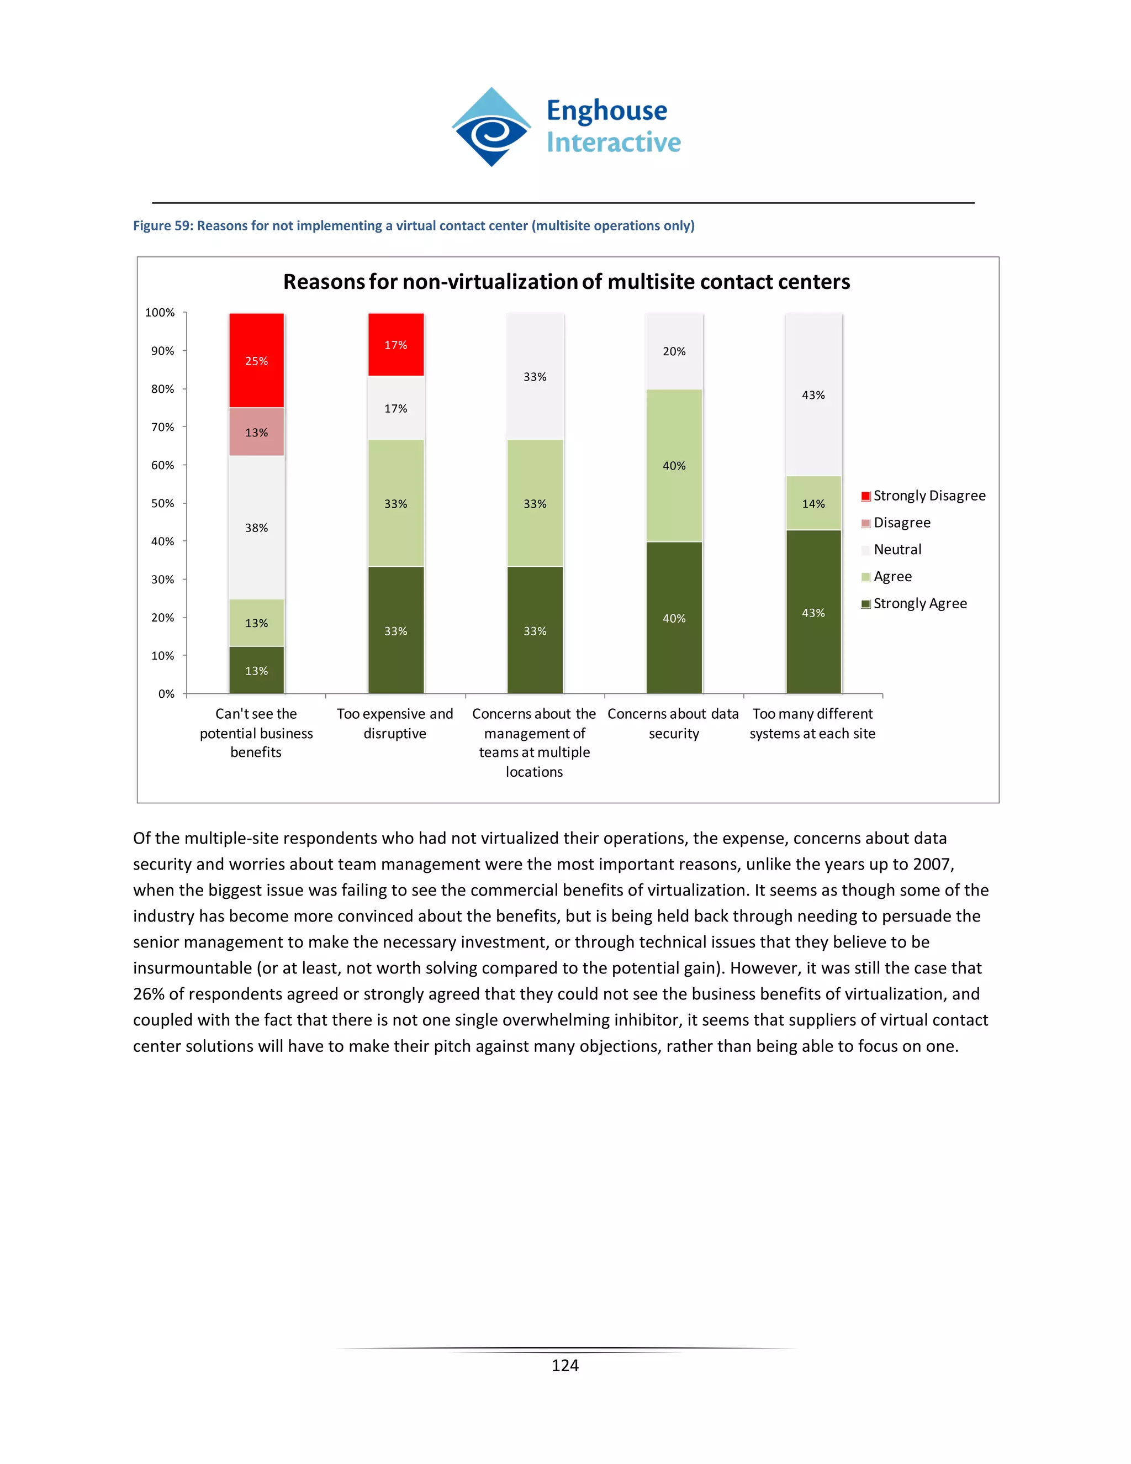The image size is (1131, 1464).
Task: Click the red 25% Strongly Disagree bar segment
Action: tap(257, 361)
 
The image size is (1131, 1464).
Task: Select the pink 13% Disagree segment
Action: tap(257, 433)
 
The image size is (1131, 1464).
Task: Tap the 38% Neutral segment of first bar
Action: tap(257, 528)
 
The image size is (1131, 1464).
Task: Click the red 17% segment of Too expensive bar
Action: tap(396, 345)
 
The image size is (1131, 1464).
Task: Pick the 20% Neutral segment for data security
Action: tap(674, 351)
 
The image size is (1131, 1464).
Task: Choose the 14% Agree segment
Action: tap(813, 503)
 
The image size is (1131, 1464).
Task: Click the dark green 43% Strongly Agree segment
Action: tap(813, 612)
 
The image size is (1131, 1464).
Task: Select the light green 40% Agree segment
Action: tap(674, 465)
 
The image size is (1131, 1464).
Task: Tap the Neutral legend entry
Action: tap(897, 550)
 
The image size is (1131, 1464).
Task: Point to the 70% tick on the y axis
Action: tap(163, 427)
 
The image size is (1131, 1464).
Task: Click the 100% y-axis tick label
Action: tap(160, 312)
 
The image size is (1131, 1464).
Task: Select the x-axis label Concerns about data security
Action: tap(673, 723)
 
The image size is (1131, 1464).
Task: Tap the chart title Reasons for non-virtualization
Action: tap(566, 282)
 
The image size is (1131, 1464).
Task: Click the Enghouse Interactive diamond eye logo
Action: tap(492, 128)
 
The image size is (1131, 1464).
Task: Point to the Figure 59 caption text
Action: tap(414, 226)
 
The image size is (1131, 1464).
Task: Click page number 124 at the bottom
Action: tap(565, 1366)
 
